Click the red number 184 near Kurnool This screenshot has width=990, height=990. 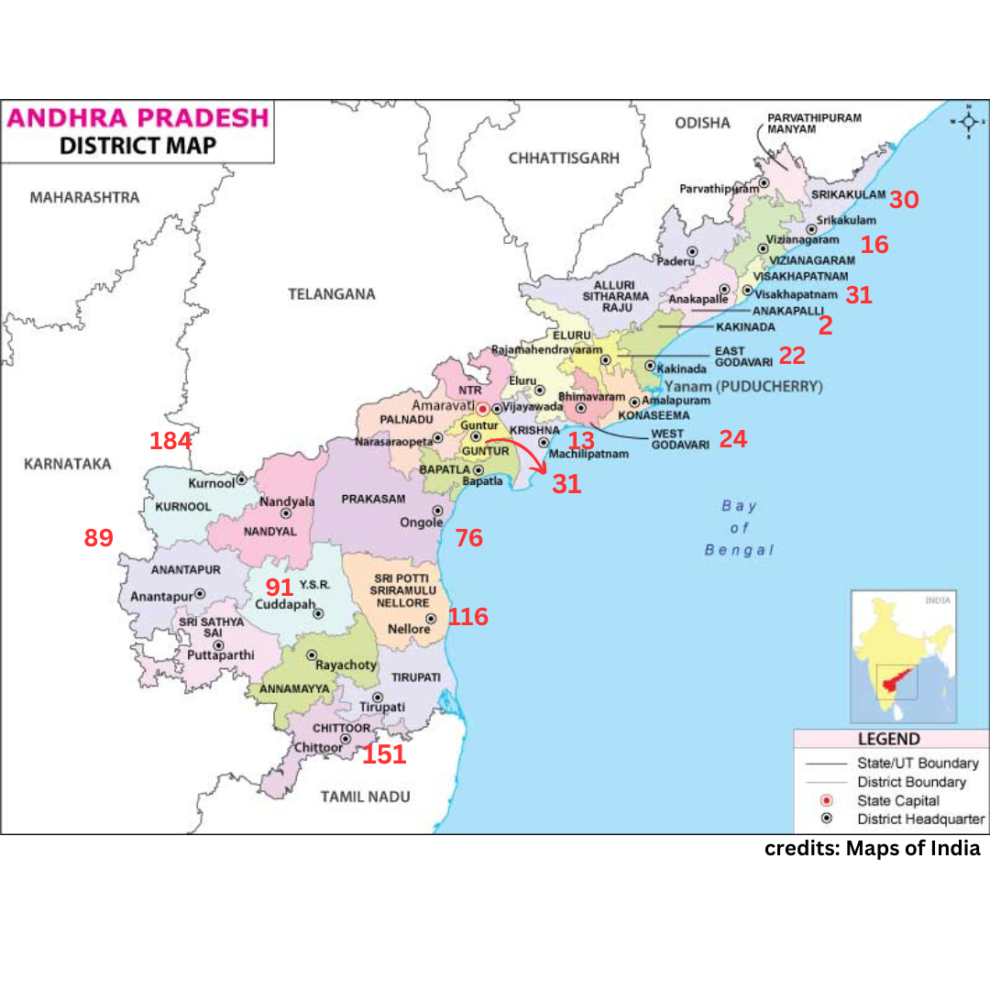coord(170,441)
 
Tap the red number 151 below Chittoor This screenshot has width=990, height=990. coord(383,755)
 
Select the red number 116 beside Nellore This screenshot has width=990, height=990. coord(467,617)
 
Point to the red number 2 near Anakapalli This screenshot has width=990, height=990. coord(825,326)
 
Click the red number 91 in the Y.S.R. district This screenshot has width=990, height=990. coord(279,588)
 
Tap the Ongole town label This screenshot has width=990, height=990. coord(421,522)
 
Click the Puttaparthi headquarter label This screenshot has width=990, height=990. coord(220,655)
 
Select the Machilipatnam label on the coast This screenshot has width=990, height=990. coord(588,454)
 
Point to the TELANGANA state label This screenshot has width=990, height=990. coord(332,294)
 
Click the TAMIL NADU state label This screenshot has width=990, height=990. coord(365,797)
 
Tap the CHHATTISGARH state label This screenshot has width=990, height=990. coord(564,158)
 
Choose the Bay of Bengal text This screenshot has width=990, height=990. coord(739,528)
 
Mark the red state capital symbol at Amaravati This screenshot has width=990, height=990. coord(483,409)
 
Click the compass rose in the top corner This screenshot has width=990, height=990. coord(968,122)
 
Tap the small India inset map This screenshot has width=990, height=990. coord(903,656)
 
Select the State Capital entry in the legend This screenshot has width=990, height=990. coord(897,800)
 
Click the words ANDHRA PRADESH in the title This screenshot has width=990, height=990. coord(138,118)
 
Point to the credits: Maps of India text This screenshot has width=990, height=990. coord(872,848)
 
